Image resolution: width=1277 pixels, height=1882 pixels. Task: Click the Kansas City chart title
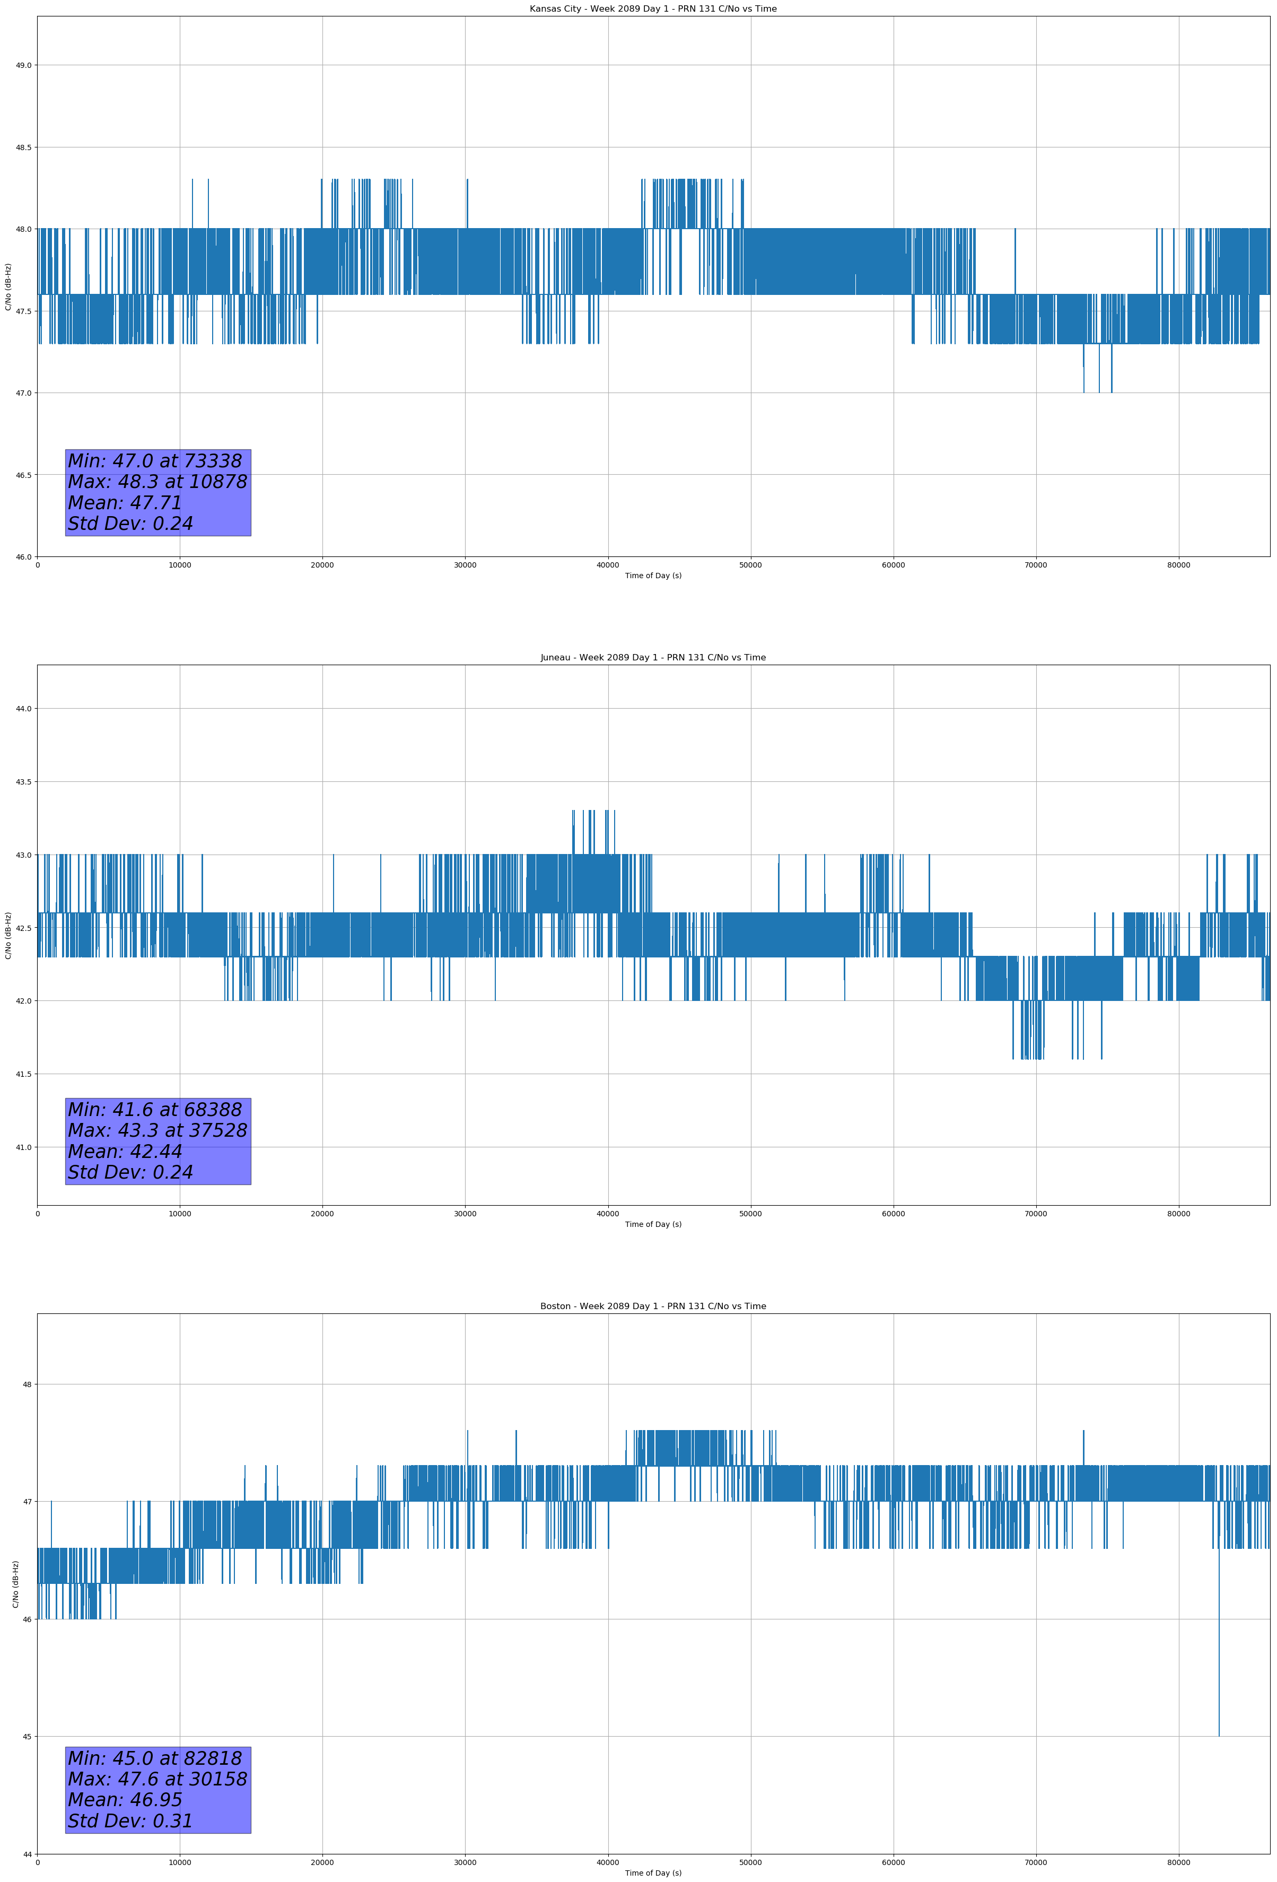tap(653, 9)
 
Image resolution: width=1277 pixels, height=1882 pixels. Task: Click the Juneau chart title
tap(653, 658)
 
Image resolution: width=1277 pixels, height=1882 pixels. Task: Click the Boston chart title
tap(653, 1306)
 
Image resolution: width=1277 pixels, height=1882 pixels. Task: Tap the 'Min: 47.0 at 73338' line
tap(155, 461)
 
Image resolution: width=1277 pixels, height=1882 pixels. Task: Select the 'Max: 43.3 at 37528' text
tap(157, 1130)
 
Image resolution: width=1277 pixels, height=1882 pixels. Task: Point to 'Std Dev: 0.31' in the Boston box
tap(130, 1820)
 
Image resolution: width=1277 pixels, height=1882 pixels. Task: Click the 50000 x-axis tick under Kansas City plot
tap(750, 565)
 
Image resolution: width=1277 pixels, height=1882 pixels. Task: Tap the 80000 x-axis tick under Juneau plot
tap(1178, 1214)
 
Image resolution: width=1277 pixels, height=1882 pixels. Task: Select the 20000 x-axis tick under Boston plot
tap(322, 1862)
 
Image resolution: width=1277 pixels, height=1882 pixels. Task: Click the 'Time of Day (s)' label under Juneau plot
tap(653, 1224)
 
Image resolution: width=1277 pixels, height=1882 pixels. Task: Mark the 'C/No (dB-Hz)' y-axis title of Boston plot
tap(15, 1584)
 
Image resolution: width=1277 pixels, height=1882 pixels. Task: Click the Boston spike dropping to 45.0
tap(1219, 1701)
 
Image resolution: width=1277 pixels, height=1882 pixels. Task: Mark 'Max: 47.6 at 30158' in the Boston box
tap(157, 1779)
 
